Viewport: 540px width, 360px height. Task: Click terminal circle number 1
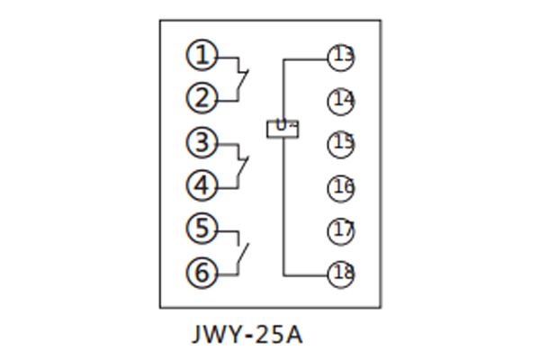(202, 56)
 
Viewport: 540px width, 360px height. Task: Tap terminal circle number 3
(202, 142)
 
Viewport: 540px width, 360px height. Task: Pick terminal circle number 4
(202, 185)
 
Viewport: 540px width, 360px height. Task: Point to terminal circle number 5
(202, 228)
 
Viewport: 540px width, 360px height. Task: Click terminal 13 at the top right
(342, 58)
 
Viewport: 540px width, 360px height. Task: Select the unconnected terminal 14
(342, 100)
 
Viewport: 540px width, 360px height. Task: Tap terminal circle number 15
(342, 142)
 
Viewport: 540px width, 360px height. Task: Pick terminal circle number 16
(342, 187)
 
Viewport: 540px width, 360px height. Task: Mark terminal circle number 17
(342, 229)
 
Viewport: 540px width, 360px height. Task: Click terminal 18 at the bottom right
(342, 273)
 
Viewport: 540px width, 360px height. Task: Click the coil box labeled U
(283, 129)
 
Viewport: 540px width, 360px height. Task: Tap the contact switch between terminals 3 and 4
(242, 164)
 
